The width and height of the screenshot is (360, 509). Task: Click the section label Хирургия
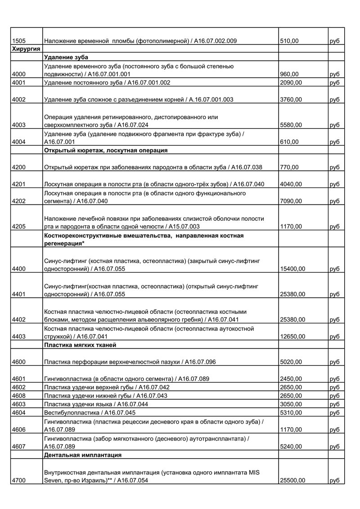tap(26, 49)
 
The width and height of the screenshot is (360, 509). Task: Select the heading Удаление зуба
tap(66, 58)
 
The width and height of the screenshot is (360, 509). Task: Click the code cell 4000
tap(20, 74)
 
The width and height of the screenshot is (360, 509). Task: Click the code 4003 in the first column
tap(20, 125)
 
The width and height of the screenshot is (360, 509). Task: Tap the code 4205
tap(20, 227)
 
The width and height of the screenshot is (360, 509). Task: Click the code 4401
tap(20, 295)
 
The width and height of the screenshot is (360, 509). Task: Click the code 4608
tap(20, 396)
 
